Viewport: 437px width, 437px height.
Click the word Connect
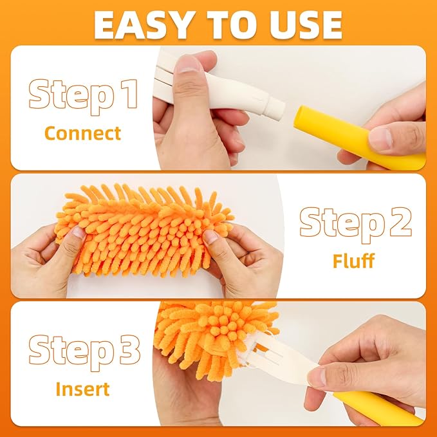click(x=82, y=133)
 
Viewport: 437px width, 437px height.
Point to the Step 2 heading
click(x=355, y=223)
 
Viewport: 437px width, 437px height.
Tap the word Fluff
click(x=354, y=261)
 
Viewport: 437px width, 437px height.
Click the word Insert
click(x=82, y=389)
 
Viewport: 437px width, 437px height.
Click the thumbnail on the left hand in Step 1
click(x=189, y=63)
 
